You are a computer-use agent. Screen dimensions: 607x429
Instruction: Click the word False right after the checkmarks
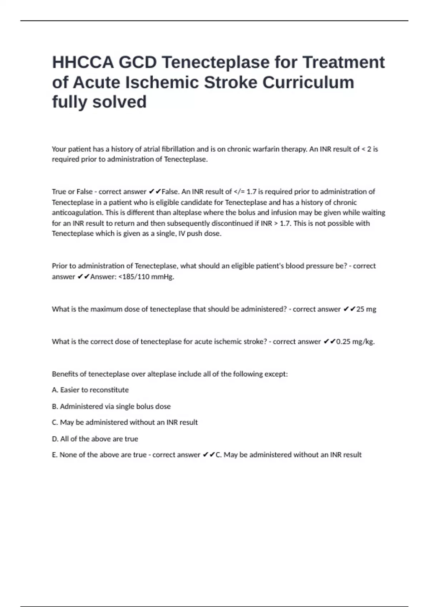point(170,192)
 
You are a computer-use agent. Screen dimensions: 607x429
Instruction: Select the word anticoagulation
point(76,212)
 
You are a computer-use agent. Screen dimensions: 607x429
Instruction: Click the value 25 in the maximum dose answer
point(360,309)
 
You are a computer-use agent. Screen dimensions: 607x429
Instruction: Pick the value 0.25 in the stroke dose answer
point(344,342)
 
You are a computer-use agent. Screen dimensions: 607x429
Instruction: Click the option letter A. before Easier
point(55,390)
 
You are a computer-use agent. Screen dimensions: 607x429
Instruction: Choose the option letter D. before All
point(55,439)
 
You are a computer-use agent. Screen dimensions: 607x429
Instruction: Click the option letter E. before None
point(55,455)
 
